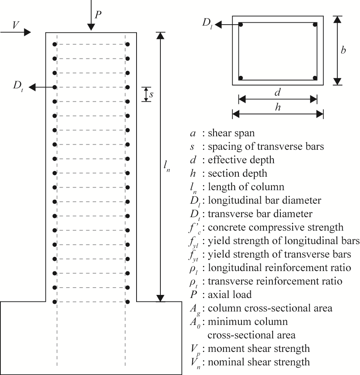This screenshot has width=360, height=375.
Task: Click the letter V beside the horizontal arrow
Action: [16, 25]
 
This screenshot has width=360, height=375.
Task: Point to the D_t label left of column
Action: [18, 86]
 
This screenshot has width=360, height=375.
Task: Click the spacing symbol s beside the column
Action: [152, 94]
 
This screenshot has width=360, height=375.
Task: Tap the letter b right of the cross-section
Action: [343, 50]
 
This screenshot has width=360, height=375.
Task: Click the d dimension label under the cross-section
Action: [277, 92]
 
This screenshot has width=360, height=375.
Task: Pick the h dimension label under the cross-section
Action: [277, 108]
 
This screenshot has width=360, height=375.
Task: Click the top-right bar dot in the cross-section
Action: [315, 25]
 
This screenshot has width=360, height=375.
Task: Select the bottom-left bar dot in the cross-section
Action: [241, 78]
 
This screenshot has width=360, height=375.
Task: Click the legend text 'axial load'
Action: [230, 295]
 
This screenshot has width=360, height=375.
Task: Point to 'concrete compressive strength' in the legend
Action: [276, 228]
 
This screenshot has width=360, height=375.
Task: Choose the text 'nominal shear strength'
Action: [258, 362]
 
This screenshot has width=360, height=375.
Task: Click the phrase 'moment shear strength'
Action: [258, 348]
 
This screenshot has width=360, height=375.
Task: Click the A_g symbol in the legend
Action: [193, 309]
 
